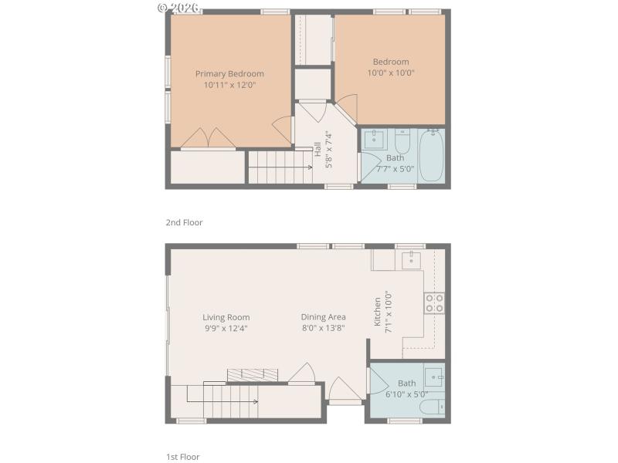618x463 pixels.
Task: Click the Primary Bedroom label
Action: pos(229,74)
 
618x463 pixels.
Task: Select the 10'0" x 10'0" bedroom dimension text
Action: pos(391,73)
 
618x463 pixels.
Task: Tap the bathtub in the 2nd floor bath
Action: pos(431,155)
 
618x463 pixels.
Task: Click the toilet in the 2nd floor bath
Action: pos(402,142)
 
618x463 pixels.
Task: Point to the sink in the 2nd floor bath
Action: pos(375,140)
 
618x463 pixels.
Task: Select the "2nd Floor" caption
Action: pos(184,222)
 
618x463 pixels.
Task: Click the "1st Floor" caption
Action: pos(183,457)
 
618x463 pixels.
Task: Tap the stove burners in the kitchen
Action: pos(433,302)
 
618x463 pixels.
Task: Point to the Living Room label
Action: pos(226,317)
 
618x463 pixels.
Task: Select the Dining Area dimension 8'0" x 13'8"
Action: pos(323,328)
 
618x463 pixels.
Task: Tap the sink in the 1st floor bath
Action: pos(435,378)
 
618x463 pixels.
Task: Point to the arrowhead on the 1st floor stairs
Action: pos(256,400)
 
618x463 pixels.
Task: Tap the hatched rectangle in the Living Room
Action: pos(252,374)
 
